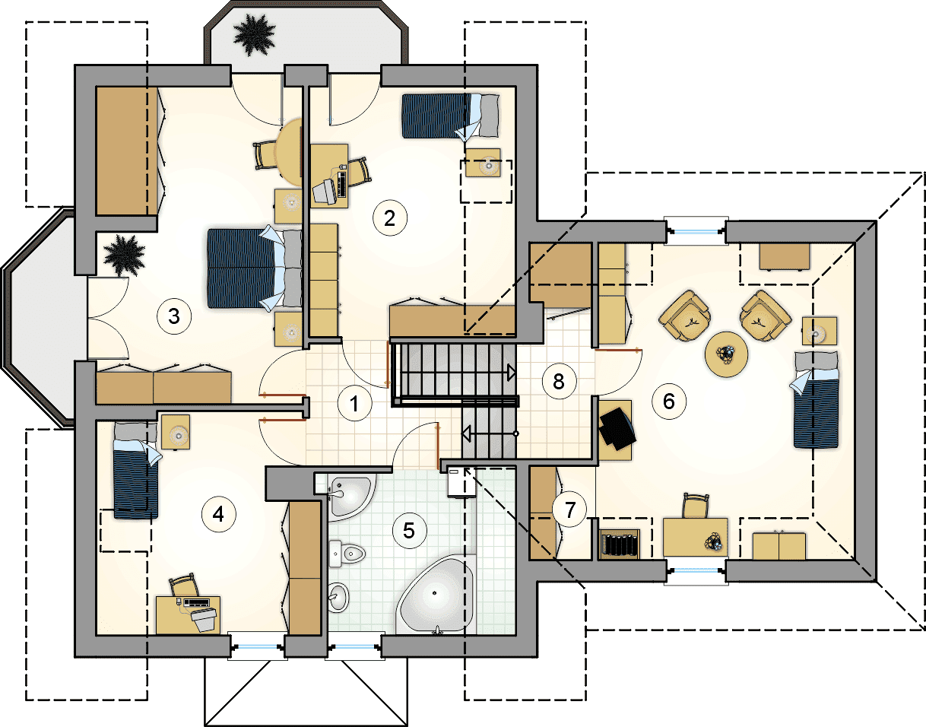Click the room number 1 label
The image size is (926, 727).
(x=354, y=403)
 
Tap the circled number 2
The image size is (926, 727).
(x=389, y=218)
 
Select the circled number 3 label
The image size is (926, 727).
(x=174, y=316)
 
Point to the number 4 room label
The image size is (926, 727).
(x=219, y=515)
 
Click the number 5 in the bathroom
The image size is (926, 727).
(x=409, y=531)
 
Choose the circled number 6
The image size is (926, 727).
(x=669, y=401)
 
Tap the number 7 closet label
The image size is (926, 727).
(x=569, y=510)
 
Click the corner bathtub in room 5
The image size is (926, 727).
(x=436, y=595)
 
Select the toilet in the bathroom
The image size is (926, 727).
(x=347, y=554)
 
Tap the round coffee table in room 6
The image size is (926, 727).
(x=727, y=354)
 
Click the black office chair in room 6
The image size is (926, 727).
(x=617, y=428)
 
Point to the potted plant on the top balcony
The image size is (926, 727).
(x=255, y=35)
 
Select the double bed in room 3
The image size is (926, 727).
(x=255, y=268)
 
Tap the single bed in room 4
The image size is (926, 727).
(x=136, y=470)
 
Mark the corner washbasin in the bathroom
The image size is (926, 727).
(x=351, y=498)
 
